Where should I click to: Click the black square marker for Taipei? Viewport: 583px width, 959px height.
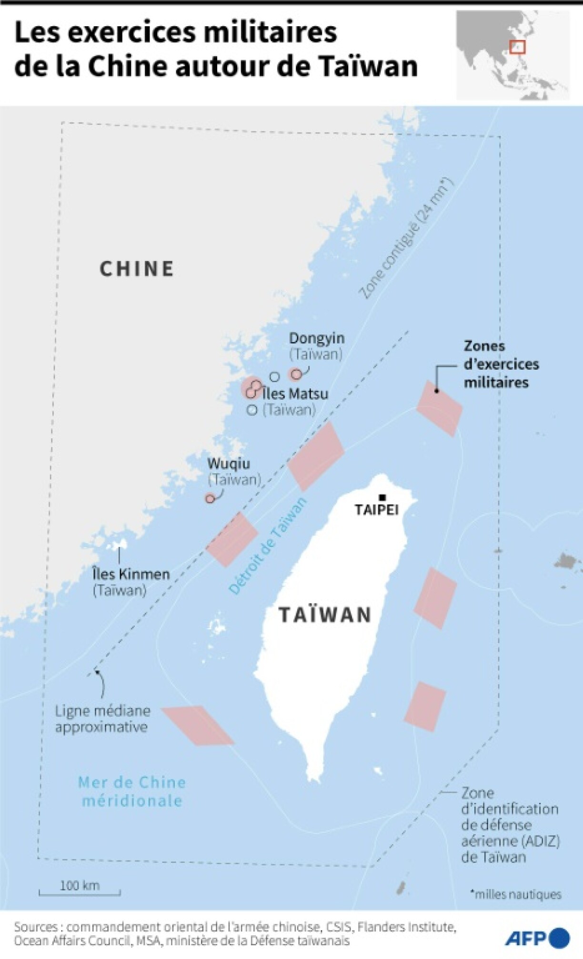(382, 497)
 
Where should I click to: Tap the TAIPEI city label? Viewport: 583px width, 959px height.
(376, 510)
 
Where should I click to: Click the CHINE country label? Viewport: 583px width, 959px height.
(137, 269)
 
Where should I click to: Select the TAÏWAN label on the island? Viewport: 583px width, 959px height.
(325, 615)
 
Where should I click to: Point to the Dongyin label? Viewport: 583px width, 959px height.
(317, 338)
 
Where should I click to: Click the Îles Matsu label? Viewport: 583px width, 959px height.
(295, 394)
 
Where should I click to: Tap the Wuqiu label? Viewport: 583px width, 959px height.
(229, 464)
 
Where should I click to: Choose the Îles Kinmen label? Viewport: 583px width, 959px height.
(131, 574)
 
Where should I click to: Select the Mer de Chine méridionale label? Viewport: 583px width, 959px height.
(132, 791)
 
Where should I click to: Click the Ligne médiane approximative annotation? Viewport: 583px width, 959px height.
(102, 718)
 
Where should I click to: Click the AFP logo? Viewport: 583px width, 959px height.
(537, 938)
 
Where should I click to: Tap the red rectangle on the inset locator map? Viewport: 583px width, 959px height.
(517, 47)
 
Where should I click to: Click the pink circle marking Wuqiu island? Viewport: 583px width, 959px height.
(210, 498)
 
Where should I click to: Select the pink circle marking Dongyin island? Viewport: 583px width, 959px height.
(296, 374)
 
